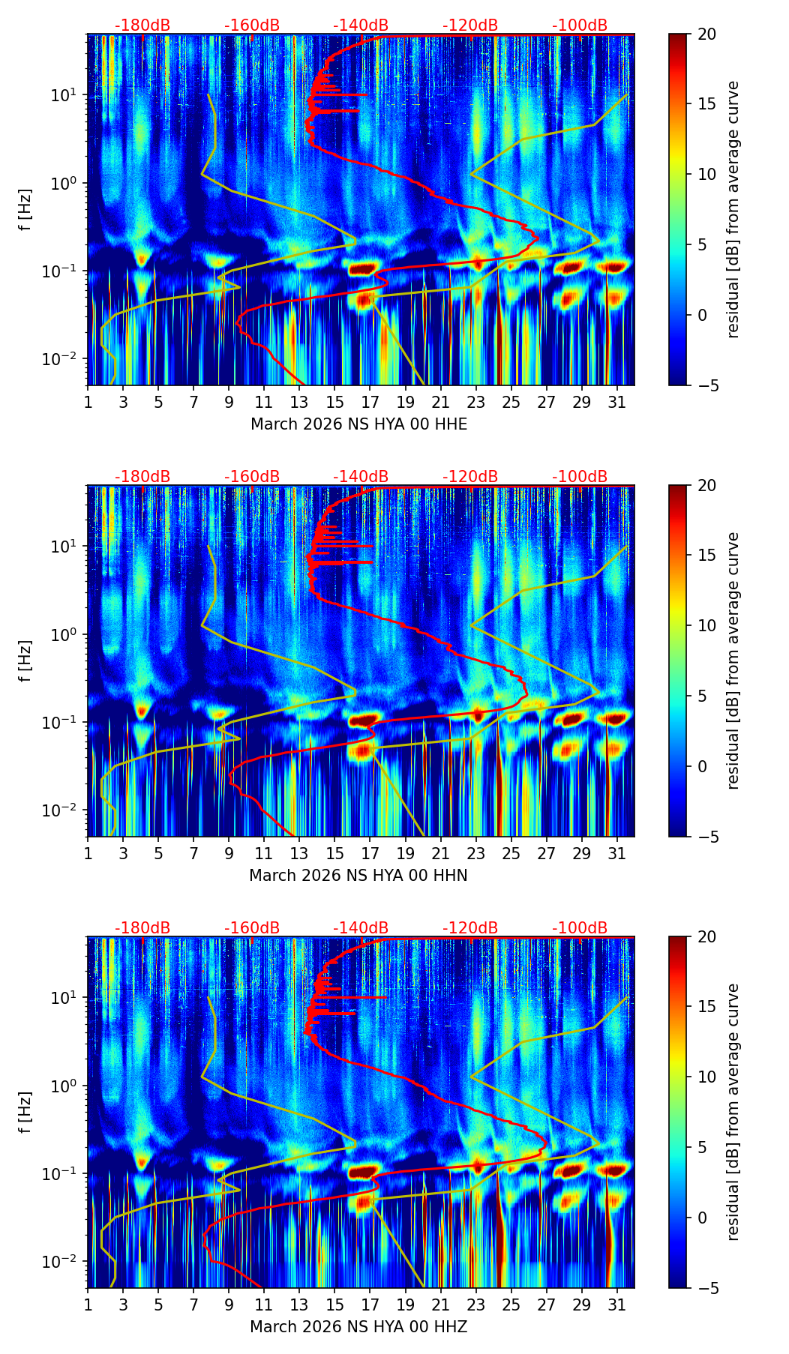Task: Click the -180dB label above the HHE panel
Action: (142, 25)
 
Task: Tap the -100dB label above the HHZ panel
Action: (580, 928)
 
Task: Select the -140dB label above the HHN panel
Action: (361, 477)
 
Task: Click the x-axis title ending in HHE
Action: (358, 424)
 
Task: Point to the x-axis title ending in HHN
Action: (358, 876)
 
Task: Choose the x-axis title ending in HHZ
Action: (358, 1327)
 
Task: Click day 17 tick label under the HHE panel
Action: (370, 401)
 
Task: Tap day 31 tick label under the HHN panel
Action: (616, 852)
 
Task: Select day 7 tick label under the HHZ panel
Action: (193, 1304)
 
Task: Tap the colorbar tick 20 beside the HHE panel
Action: (705, 34)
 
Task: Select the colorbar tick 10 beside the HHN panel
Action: (705, 625)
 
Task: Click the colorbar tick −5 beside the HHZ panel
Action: (705, 1288)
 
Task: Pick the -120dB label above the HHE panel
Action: (470, 25)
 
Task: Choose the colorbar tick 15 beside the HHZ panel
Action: (705, 1007)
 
